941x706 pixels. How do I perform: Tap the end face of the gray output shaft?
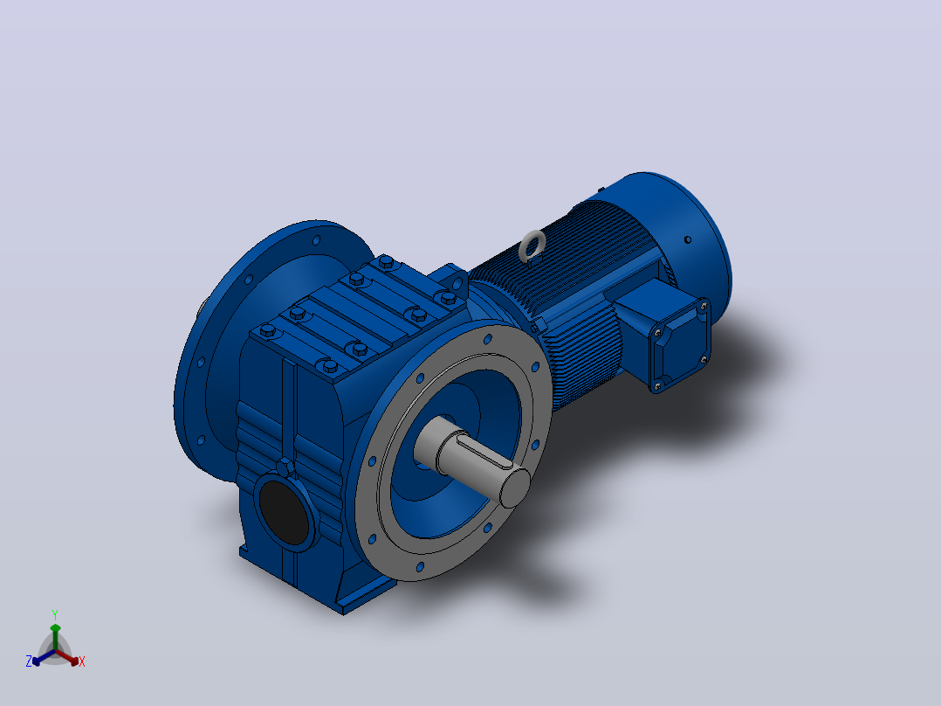(515, 488)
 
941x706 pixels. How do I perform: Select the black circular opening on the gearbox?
(283, 513)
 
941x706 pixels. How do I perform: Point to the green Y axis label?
(55, 614)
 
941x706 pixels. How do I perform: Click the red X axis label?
(82, 661)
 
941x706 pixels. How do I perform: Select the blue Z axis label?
(29, 661)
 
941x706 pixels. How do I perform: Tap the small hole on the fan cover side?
(688, 239)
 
